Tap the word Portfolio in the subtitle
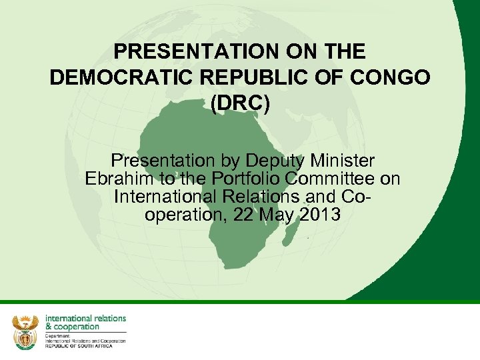(x=252, y=179)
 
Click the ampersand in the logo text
(x=48, y=327)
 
